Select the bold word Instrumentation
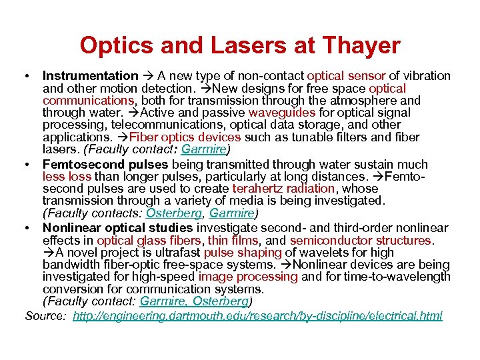[90, 76]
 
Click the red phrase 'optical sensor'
[348, 76]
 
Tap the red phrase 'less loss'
[67, 177]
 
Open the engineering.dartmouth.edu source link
[257, 316]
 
